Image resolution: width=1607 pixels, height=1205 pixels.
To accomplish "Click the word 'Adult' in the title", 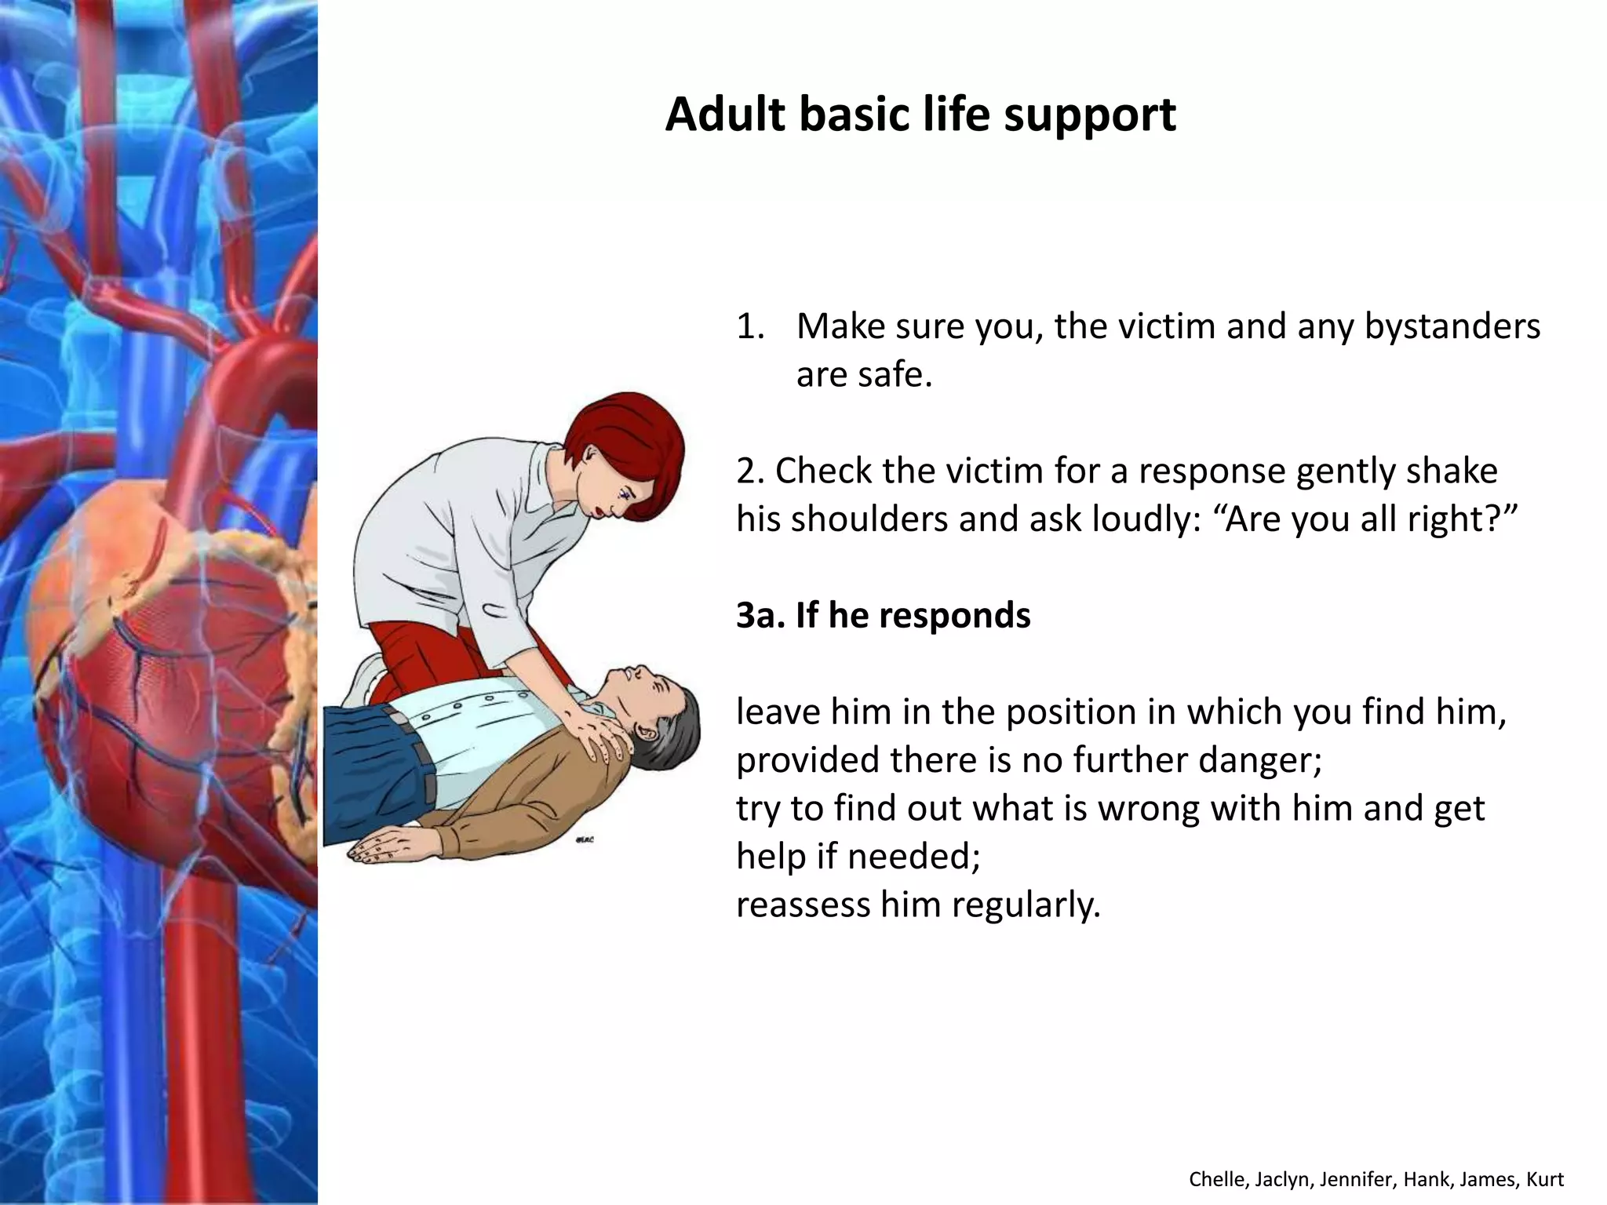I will pyautogui.click(x=725, y=115).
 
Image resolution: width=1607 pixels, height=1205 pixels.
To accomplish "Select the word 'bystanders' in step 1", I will pyautogui.click(x=1452, y=326).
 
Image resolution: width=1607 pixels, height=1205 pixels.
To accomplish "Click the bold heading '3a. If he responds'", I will pyautogui.click(x=883, y=615).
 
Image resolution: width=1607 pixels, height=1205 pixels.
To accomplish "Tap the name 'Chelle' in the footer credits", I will pyautogui.click(x=1215, y=1179).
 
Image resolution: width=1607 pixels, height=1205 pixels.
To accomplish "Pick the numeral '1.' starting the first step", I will pyautogui.click(x=750, y=326).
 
